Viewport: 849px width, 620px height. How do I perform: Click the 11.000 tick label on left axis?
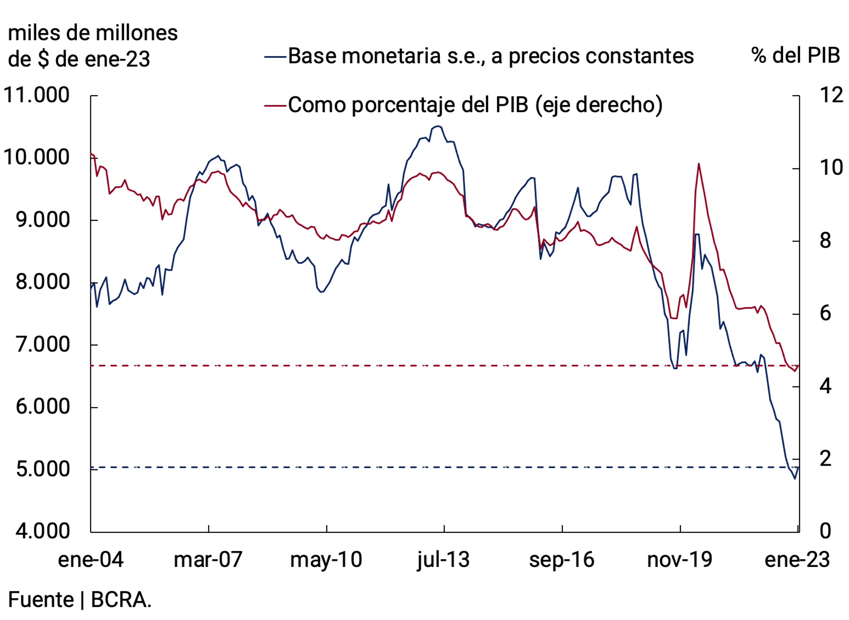(37, 95)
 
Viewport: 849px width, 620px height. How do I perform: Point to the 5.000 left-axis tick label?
(42, 469)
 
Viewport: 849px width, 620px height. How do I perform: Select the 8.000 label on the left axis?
(42, 282)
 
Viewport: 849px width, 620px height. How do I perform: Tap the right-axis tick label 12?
(831, 95)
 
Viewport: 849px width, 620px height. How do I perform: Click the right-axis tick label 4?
(825, 386)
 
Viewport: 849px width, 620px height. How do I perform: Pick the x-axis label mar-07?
(208, 559)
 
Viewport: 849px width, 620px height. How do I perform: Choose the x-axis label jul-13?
(443, 559)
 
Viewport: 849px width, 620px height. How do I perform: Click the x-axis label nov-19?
(679, 559)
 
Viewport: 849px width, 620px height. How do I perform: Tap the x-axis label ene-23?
(797, 559)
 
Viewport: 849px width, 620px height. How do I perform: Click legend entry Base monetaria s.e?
(490, 56)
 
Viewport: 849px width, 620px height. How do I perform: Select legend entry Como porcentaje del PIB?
(475, 105)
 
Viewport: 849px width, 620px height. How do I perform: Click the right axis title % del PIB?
(795, 56)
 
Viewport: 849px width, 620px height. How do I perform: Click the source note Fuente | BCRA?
(79, 600)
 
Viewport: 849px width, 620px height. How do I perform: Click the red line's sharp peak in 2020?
(698, 164)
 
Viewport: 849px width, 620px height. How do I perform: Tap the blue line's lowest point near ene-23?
(795, 479)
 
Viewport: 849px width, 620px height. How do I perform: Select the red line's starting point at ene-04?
(91, 154)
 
